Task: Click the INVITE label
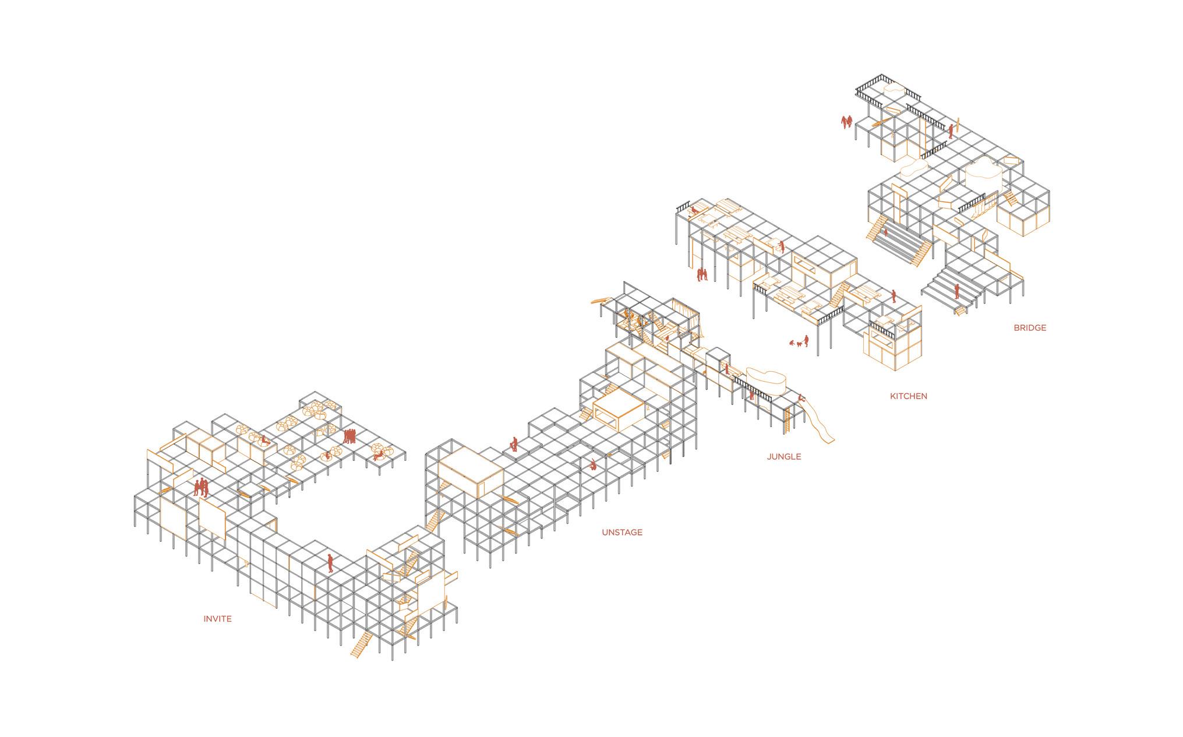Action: [217, 619]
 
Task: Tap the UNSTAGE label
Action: [622, 532]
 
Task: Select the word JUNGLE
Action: [783, 456]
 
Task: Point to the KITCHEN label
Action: [908, 396]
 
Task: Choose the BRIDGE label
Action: [1029, 328]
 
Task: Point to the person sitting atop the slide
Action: [802, 399]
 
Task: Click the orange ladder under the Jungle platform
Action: [789, 421]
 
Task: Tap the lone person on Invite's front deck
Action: [330, 563]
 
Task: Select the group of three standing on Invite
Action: [200, 487]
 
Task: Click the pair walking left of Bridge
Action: [846, 122]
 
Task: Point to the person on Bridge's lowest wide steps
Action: [956, 291]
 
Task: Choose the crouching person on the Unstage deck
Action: [592, 464]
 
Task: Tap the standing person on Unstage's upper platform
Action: [514, 443]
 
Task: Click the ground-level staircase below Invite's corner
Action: [361, 644]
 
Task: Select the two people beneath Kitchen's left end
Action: [702, 274]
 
